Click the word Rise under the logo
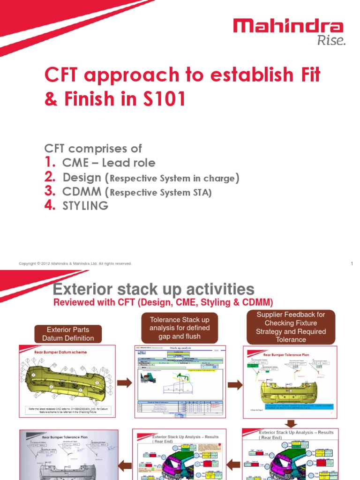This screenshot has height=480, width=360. coord(331,41)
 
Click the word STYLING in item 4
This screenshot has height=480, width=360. coord(85,206)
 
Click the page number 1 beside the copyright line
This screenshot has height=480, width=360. coord(351,263)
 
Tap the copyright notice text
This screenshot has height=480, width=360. coord(75,264)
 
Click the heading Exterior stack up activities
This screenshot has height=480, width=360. coord(154,289)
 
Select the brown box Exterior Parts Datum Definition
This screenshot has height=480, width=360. coord(68,333)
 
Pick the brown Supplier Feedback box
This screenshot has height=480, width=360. coord(291,327)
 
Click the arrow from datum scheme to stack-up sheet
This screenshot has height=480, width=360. coord(124,383)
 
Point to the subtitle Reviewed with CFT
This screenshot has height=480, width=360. coord(163,302)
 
